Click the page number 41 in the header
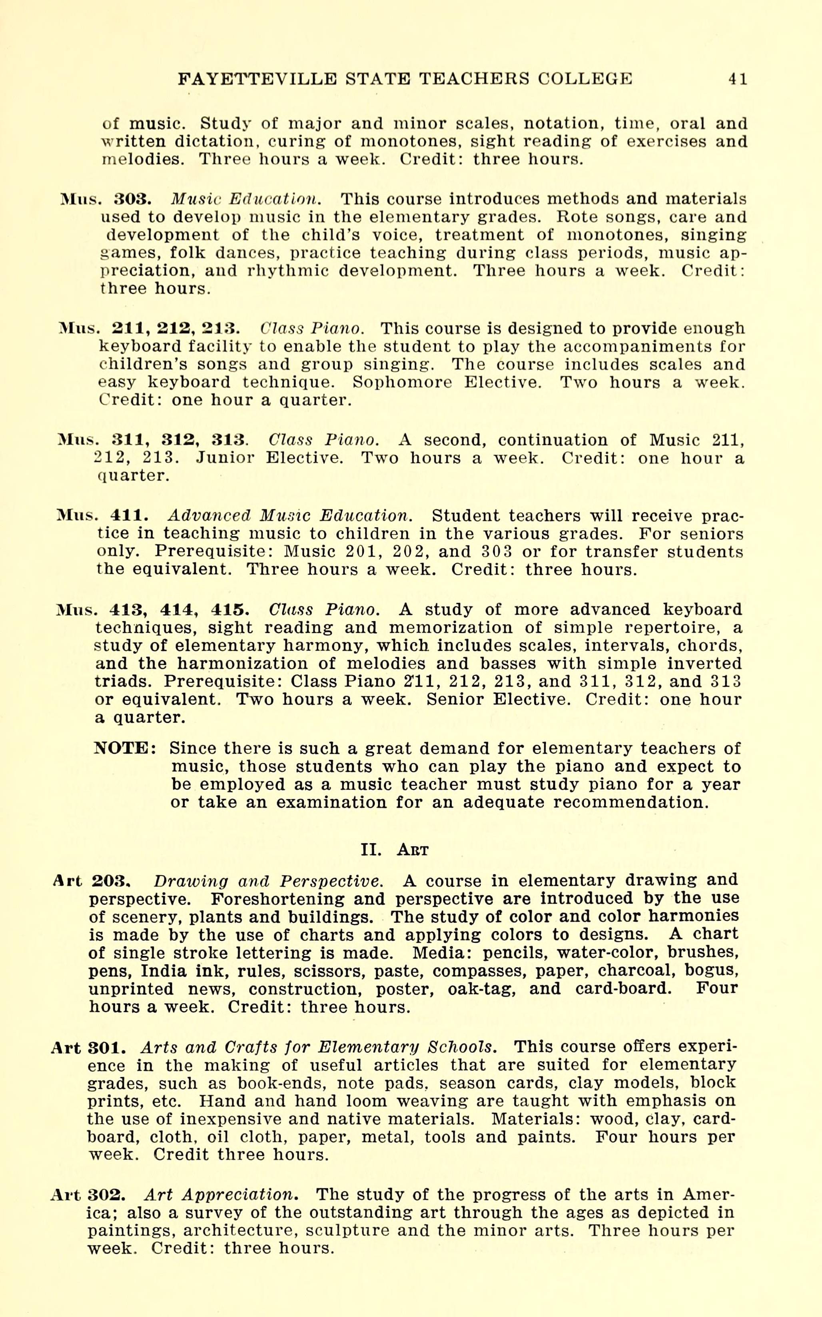tap(738, 79)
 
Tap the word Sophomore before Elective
tap(402, 383)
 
